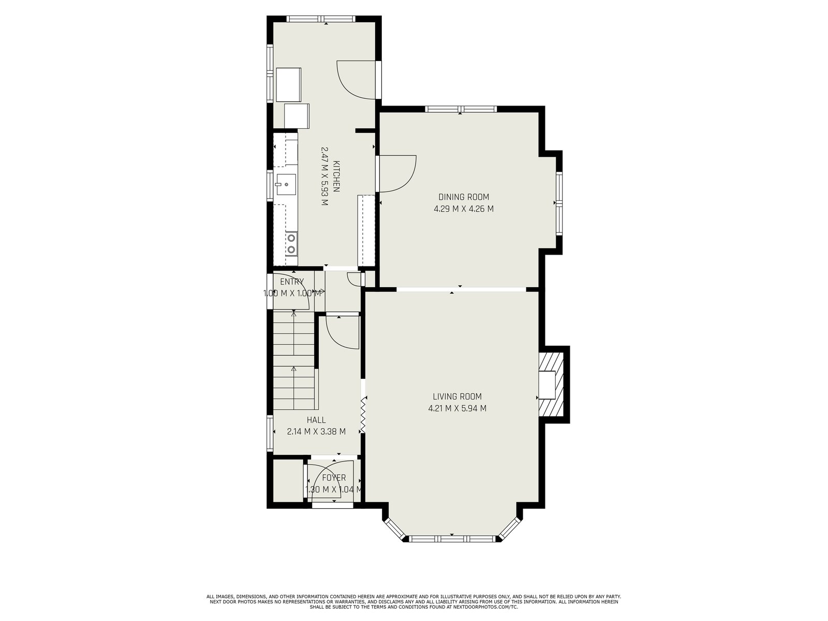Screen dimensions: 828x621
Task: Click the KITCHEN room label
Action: pos(336,176)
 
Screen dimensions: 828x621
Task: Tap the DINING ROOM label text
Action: pos(464,197)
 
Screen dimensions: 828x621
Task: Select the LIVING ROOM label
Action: pos(457,396)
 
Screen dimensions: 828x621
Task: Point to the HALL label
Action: pos(316,420)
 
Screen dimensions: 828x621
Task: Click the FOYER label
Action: pos(334,478)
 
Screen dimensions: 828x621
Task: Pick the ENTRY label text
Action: pos(292,282)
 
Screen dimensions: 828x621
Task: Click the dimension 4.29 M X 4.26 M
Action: pos(464,209)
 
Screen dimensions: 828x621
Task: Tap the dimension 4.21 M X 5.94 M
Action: pos(457,408)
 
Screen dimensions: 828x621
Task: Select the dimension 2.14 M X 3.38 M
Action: pos(316,432)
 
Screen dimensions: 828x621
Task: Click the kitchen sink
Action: pos(286,184)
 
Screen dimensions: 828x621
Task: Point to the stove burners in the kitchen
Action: pos(291,244)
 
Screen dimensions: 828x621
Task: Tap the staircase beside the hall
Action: pos(294,360)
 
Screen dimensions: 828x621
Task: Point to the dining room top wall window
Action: pos(460,109)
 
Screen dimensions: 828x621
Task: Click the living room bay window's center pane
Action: pos(452,538)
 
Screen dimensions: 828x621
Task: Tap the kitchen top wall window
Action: pos(321,19)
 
